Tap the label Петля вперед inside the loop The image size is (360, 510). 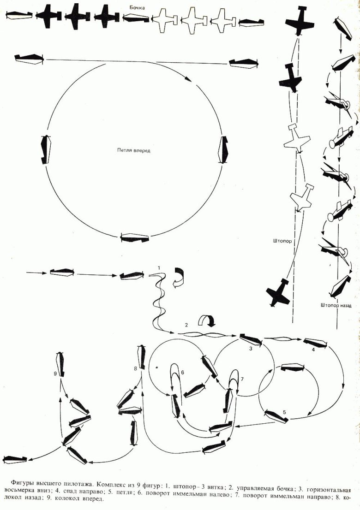point(133,151)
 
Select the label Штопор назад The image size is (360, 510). point(336,305)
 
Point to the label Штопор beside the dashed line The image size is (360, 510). point(282,241)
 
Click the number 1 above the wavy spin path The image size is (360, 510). point(159,267)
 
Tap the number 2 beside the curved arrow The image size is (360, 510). point(186,325)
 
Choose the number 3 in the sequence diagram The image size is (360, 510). point(251,349)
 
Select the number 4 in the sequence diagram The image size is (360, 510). point(313,350)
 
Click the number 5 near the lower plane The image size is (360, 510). point(284,412)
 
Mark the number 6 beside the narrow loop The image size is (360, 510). point(183,372)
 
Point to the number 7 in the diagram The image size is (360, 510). point(242,379)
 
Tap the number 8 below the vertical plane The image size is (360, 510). point(135,368)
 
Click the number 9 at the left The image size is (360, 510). point(55,374)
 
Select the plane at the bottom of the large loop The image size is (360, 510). point(135,237)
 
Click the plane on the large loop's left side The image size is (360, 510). point(46,148)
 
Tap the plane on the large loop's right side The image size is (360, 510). point(224,149)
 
